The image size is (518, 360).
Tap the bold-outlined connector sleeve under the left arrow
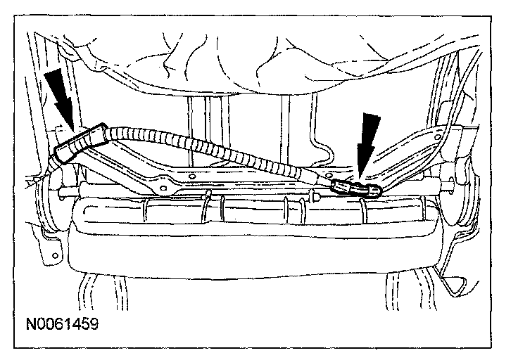tap(79, 143)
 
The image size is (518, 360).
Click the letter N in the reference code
tap(30, 326)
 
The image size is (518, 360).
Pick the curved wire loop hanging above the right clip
tap(324, 151)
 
